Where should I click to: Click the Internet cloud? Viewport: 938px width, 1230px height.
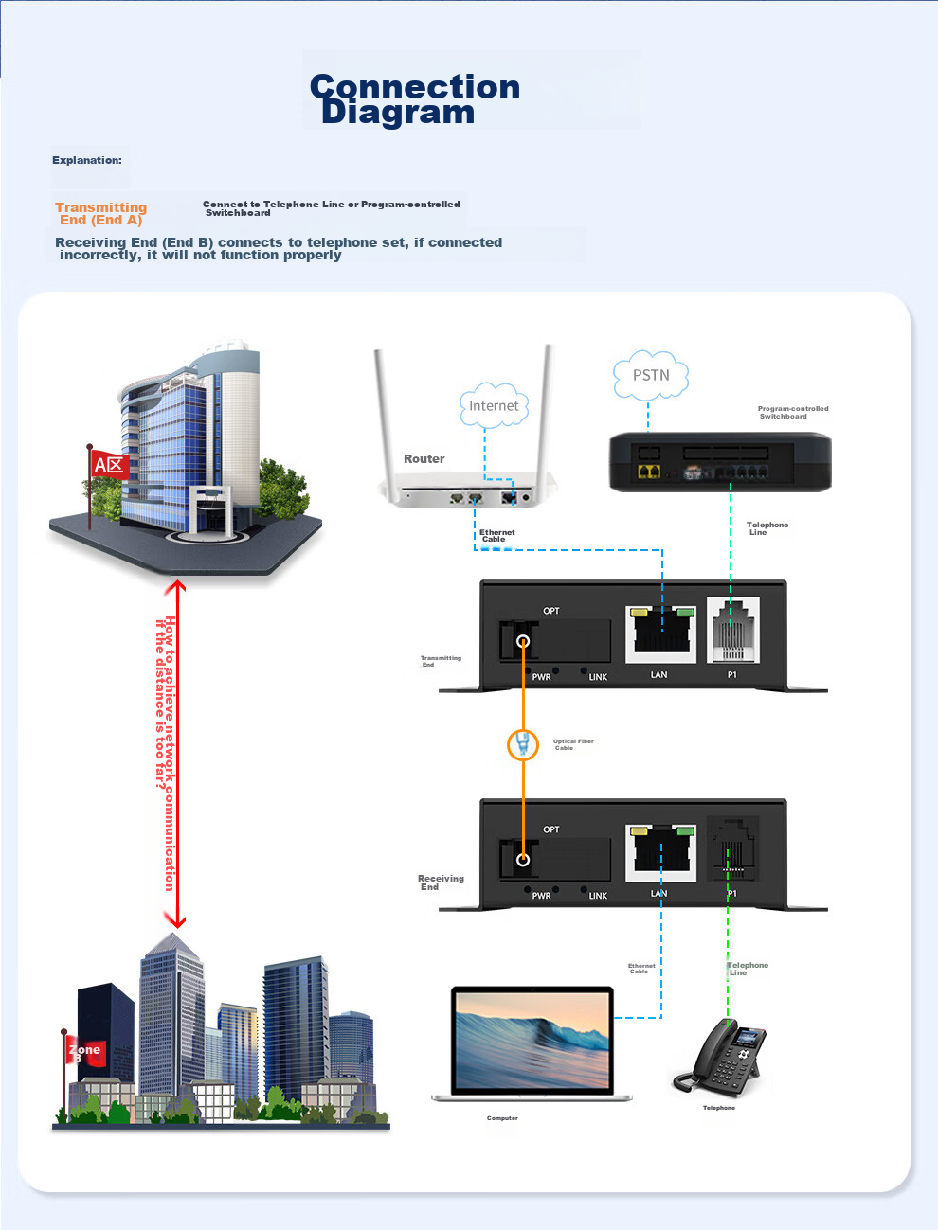pyautogui.click(x=494, y=405)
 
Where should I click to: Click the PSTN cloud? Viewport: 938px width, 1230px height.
pyautogui.click(x=651, y=376)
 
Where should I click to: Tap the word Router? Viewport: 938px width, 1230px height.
pyautogui.click(x=424, y=459)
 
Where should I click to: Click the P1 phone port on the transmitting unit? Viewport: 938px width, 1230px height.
pyautogui.click(x=732, y=632)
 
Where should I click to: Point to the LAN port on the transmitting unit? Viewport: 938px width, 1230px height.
pyautogui.click(x=660, y=632)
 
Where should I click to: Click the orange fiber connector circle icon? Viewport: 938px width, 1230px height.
pyautogui.click(x=522, y=744)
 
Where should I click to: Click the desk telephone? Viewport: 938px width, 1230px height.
pyautogui.click(x=722, y=1061)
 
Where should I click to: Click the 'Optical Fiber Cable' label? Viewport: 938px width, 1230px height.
pyautogui.click(x=573, y=744)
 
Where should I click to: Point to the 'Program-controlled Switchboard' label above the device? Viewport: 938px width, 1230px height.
pyautogui.click(x=792, y=412)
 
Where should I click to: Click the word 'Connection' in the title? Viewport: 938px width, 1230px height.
pyautogui.click(x=415, y=87)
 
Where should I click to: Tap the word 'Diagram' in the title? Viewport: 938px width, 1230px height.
pyautogui.click(x=398, y=113)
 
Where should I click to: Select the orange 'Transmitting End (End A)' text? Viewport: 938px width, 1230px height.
pyautogui.click(x=100, y=213)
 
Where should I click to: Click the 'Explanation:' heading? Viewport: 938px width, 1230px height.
pyautogui.click(x=87, y=160)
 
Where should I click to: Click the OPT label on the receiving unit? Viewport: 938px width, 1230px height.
pyautogui.click(x=550, y=829)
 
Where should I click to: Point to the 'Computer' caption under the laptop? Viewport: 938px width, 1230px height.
pyautogui.click(x=502, y=1118)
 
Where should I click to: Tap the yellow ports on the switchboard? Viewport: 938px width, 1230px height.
pyautogui.click(x=649, y=472)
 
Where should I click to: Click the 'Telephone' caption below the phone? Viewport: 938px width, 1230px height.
pyautogui.click(x=718, y=1108)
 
